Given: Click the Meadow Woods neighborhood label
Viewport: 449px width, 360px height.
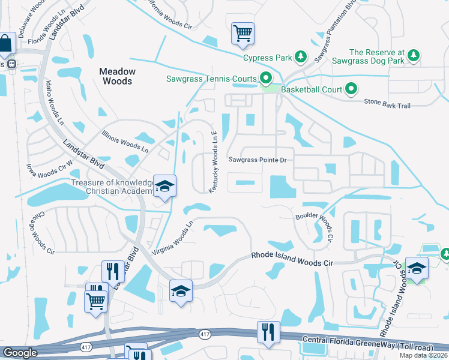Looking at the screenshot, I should [117, 76].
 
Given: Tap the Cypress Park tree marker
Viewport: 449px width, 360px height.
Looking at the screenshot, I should [301, 58].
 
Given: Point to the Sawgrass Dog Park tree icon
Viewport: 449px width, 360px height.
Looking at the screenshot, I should [413, 56].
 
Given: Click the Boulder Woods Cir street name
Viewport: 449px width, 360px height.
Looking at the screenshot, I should [314, 226].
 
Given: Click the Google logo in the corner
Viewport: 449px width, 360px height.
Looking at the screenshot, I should [20, 353].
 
